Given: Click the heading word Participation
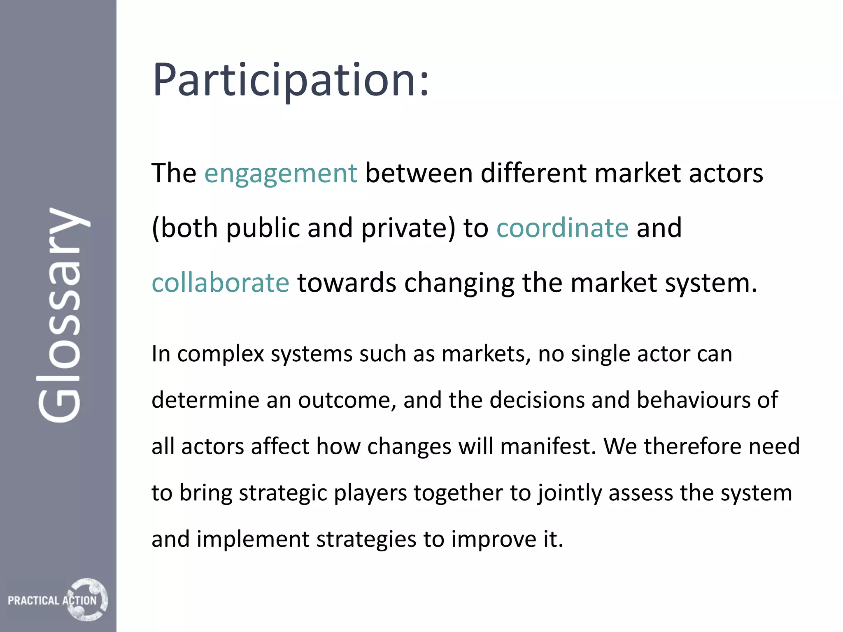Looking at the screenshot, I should [291, 80].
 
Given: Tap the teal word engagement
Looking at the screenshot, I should [281, 173].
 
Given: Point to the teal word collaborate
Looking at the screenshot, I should [221, 283].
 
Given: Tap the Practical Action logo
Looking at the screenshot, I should [58, 599].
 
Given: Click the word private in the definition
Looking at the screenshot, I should [408, 228].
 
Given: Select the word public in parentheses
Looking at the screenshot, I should [263, 228].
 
